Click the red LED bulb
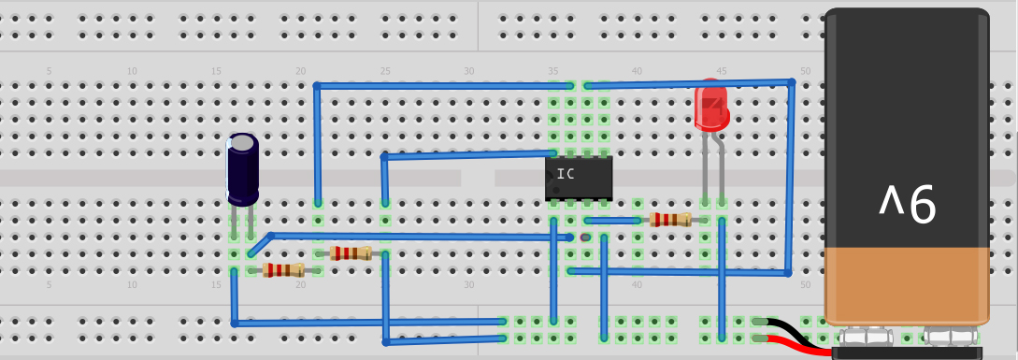[712, 107]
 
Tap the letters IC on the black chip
[566, 173]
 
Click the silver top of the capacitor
[243, 142]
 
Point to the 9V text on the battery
[906, 205]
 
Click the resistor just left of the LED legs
[670, 221]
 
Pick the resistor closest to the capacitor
[283, 270]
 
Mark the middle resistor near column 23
[351, 253]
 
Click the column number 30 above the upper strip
[469, 72]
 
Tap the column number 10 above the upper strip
[132, 72]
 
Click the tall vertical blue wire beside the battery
[791, 178]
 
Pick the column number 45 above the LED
[721, 72]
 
